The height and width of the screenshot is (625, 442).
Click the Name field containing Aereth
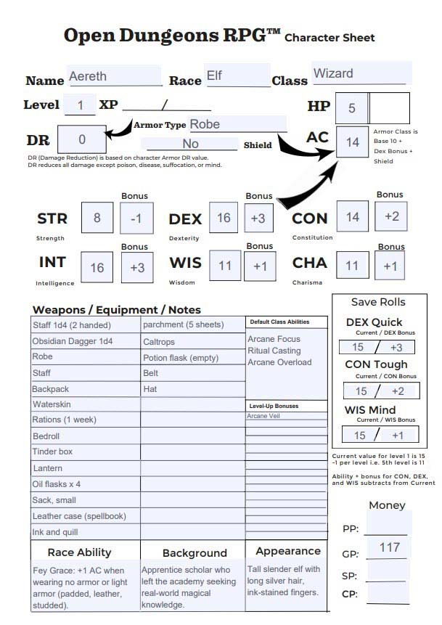[x=114, y=76]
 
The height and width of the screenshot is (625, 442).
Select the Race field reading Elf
[x=237, y=75]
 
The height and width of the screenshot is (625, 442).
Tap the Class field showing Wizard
[x=361, y=74]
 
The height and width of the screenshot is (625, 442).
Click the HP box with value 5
[x=352, y=108]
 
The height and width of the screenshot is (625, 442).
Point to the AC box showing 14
[x=353, y=142]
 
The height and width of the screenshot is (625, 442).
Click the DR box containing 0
[x=81, y=139]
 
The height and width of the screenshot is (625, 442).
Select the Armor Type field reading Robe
[x=237, y=124]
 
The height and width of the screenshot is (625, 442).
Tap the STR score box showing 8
[x=97, y=218]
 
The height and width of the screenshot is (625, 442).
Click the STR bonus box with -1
[x=136, y=218]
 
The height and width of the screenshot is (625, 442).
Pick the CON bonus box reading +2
[x=391, y=217]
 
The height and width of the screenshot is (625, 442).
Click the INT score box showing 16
[x=97, y=268]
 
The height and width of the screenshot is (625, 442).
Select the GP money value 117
[x=390, y=547]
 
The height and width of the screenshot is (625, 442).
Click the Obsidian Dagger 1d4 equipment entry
[x=72, y=341]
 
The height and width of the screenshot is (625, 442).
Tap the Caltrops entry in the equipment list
[x=159, y=341]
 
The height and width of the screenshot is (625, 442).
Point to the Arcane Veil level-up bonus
[x=263, y=417]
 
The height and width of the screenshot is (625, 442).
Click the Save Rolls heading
[x=378, y=303]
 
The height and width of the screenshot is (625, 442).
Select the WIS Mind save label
[x=370, y=410]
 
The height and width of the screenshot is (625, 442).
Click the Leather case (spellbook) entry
[x=79, y=516]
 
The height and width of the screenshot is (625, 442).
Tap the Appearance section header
[x=287, y=551]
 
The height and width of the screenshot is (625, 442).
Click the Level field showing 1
[x=81, y=106]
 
